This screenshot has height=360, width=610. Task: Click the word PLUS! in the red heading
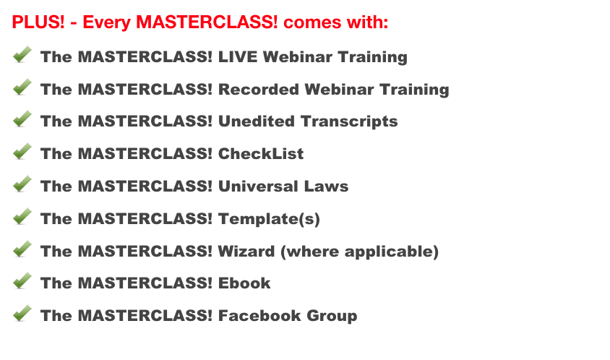[38, 22]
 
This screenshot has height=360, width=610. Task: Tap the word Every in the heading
[107, 22]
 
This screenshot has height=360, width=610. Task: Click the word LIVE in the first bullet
[237, 57]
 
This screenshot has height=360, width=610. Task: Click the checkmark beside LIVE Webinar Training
[22, 54]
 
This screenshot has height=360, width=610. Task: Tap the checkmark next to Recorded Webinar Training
[22, 87]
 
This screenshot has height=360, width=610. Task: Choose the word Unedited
[256, 121]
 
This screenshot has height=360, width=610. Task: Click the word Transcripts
[349, 122]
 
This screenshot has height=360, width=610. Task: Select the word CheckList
[261, 154]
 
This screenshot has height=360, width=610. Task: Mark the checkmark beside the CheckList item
[22, 151]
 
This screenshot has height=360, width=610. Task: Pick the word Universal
[258, 187]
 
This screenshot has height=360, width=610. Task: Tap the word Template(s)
[269, 219]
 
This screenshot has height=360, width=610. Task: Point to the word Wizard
[246, 252]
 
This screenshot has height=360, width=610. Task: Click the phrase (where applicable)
[359, 252]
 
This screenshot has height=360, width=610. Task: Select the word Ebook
[244, 283]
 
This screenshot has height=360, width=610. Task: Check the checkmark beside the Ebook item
[22, 280]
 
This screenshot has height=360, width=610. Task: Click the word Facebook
[259, 316]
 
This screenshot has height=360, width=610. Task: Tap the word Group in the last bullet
[332, 317]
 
